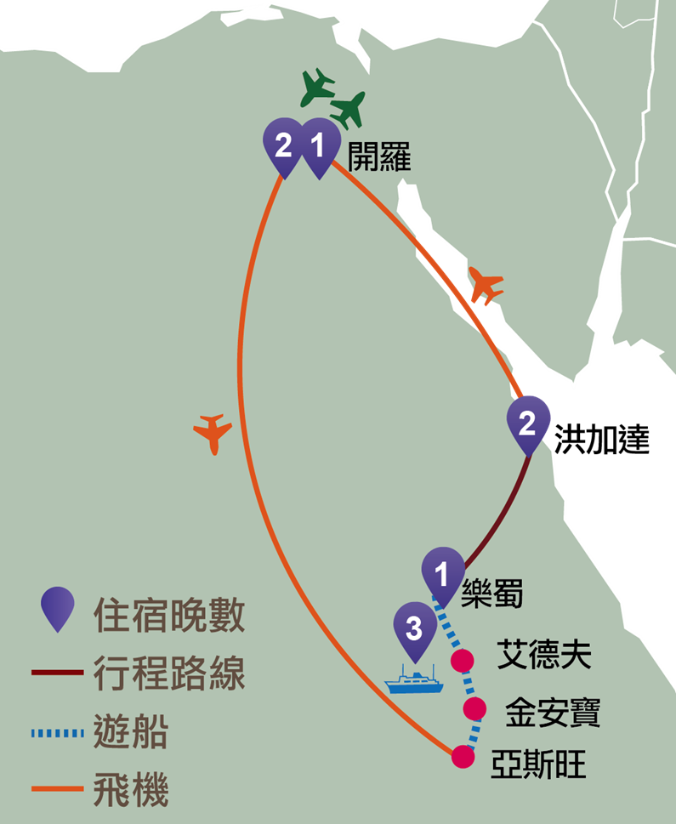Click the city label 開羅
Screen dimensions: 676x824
[x=379, y=156]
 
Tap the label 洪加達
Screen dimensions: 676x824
[x=602, y=440]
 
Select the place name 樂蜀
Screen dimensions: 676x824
[x=492, y=594]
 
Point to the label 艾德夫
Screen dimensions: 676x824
[x=544, y=654]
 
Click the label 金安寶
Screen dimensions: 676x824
[x=553, y=712]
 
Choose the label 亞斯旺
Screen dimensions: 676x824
[x=538, y=764]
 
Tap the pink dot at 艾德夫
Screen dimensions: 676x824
[x=463, y=661]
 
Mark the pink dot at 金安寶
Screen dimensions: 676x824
[x=474, y=709]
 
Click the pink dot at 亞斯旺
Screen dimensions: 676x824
[x=463, y=757]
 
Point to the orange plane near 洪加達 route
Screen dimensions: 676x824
[x=486, y=286]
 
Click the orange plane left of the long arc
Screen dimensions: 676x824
[x=213, y=434]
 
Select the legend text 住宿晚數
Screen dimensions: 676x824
[x=169, y=615]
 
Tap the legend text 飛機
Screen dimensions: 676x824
[x=131, y=789]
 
